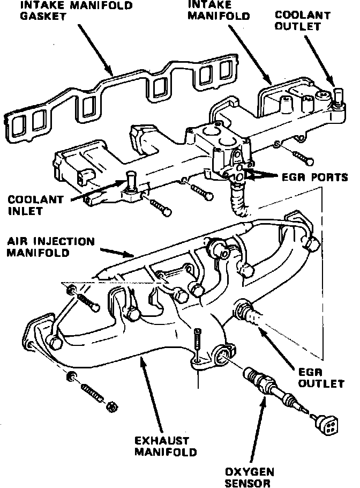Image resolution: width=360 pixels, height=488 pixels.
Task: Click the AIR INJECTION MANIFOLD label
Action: [50, 247]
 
